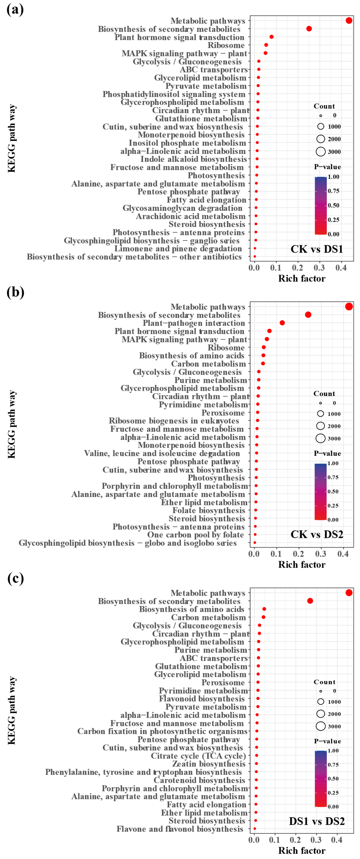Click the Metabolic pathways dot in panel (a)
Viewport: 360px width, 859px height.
tap(349, 21)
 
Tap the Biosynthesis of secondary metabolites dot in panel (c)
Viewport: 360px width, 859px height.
tap(310, 601)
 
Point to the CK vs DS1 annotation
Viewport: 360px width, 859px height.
tap(317, 249)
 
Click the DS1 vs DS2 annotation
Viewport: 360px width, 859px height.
tap(317, 821)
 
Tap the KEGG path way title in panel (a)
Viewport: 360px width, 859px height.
tap(12, 138)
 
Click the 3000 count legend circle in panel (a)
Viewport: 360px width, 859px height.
tap(321, 152)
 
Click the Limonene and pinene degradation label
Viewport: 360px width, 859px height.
tap(178, 249)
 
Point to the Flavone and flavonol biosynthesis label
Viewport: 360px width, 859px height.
tap(180, 829)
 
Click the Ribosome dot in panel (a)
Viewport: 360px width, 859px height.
tap(266, 45)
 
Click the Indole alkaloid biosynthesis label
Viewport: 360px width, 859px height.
tap(193, 159)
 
